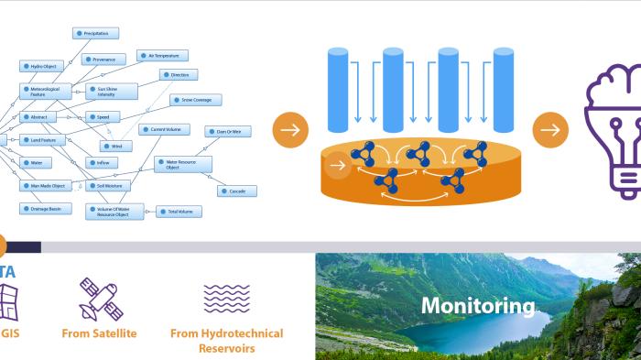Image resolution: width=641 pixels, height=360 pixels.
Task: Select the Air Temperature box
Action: pos(163,56)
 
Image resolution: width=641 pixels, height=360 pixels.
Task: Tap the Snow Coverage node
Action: pos(197,99)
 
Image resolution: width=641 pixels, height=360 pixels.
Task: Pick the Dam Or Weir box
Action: pos(228,132)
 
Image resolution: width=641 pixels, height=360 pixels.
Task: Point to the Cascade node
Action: pos(236,191)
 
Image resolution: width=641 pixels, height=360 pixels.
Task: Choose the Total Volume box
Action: pos(179,212)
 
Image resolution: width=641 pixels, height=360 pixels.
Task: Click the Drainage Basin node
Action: pos(45,209)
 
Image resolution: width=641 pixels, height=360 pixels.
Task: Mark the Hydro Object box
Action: pos(41,67)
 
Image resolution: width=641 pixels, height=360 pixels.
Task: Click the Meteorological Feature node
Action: pos(45,92)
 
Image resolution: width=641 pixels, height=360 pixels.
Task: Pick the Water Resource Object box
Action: pos(182,165)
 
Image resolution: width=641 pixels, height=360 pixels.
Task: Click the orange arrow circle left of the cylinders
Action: pos(289,130)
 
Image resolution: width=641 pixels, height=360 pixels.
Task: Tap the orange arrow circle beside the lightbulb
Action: pos(550,130)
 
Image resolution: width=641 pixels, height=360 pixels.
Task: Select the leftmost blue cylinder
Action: pos(339,90)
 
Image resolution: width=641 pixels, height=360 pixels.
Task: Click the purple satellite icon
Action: pos(99,300)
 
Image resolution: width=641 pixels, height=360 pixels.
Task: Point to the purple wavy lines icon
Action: pos(226,300)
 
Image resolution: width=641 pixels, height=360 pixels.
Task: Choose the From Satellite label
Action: pos(99,333)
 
